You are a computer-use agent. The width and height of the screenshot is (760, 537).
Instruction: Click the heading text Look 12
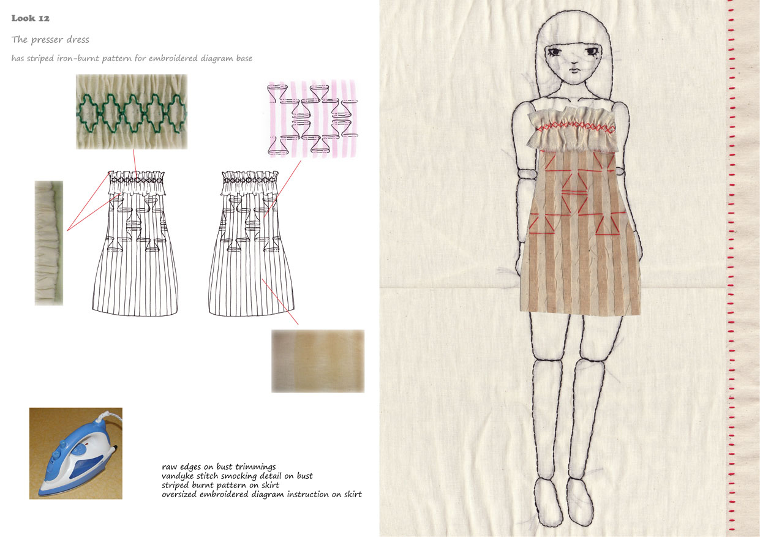[30, 18]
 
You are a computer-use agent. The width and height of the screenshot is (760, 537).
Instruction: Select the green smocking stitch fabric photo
[132, 111]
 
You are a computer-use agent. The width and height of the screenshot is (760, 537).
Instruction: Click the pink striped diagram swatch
[313, 119]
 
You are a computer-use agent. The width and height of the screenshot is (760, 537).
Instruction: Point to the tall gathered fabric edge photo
[49, 243]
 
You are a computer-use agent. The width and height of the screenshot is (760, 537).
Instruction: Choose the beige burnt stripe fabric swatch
[318, 361]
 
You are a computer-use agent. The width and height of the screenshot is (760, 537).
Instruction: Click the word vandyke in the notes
[178, 476]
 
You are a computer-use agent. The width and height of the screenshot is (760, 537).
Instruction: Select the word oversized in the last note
[179, 495]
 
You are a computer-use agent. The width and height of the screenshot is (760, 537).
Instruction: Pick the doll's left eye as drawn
[592, 51]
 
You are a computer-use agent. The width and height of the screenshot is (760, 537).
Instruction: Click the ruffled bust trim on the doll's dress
[571, 129]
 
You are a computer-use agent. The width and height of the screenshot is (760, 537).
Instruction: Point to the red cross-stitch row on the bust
[576, 128]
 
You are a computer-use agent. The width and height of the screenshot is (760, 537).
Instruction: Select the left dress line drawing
[135, 244]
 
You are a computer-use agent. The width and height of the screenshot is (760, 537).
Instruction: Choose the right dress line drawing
[251, 244]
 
